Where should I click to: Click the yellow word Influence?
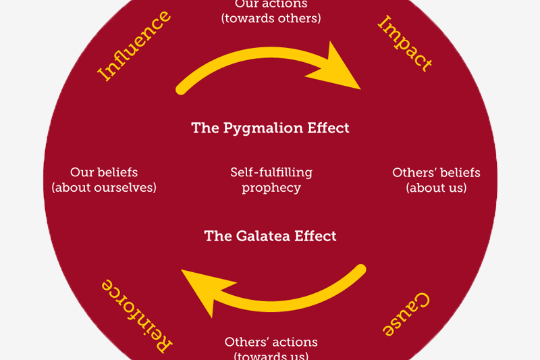[134, 46]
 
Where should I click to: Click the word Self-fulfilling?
[271, 172]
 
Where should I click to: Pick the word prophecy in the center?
[271, 188]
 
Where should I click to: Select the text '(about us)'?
[436, 188]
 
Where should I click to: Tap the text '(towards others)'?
[271, 18]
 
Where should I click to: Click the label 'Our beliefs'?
[104, 172]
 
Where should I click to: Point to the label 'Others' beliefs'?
[436, 172]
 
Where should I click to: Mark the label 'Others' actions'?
[271, 342]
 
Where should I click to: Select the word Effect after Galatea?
[315, 236]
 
